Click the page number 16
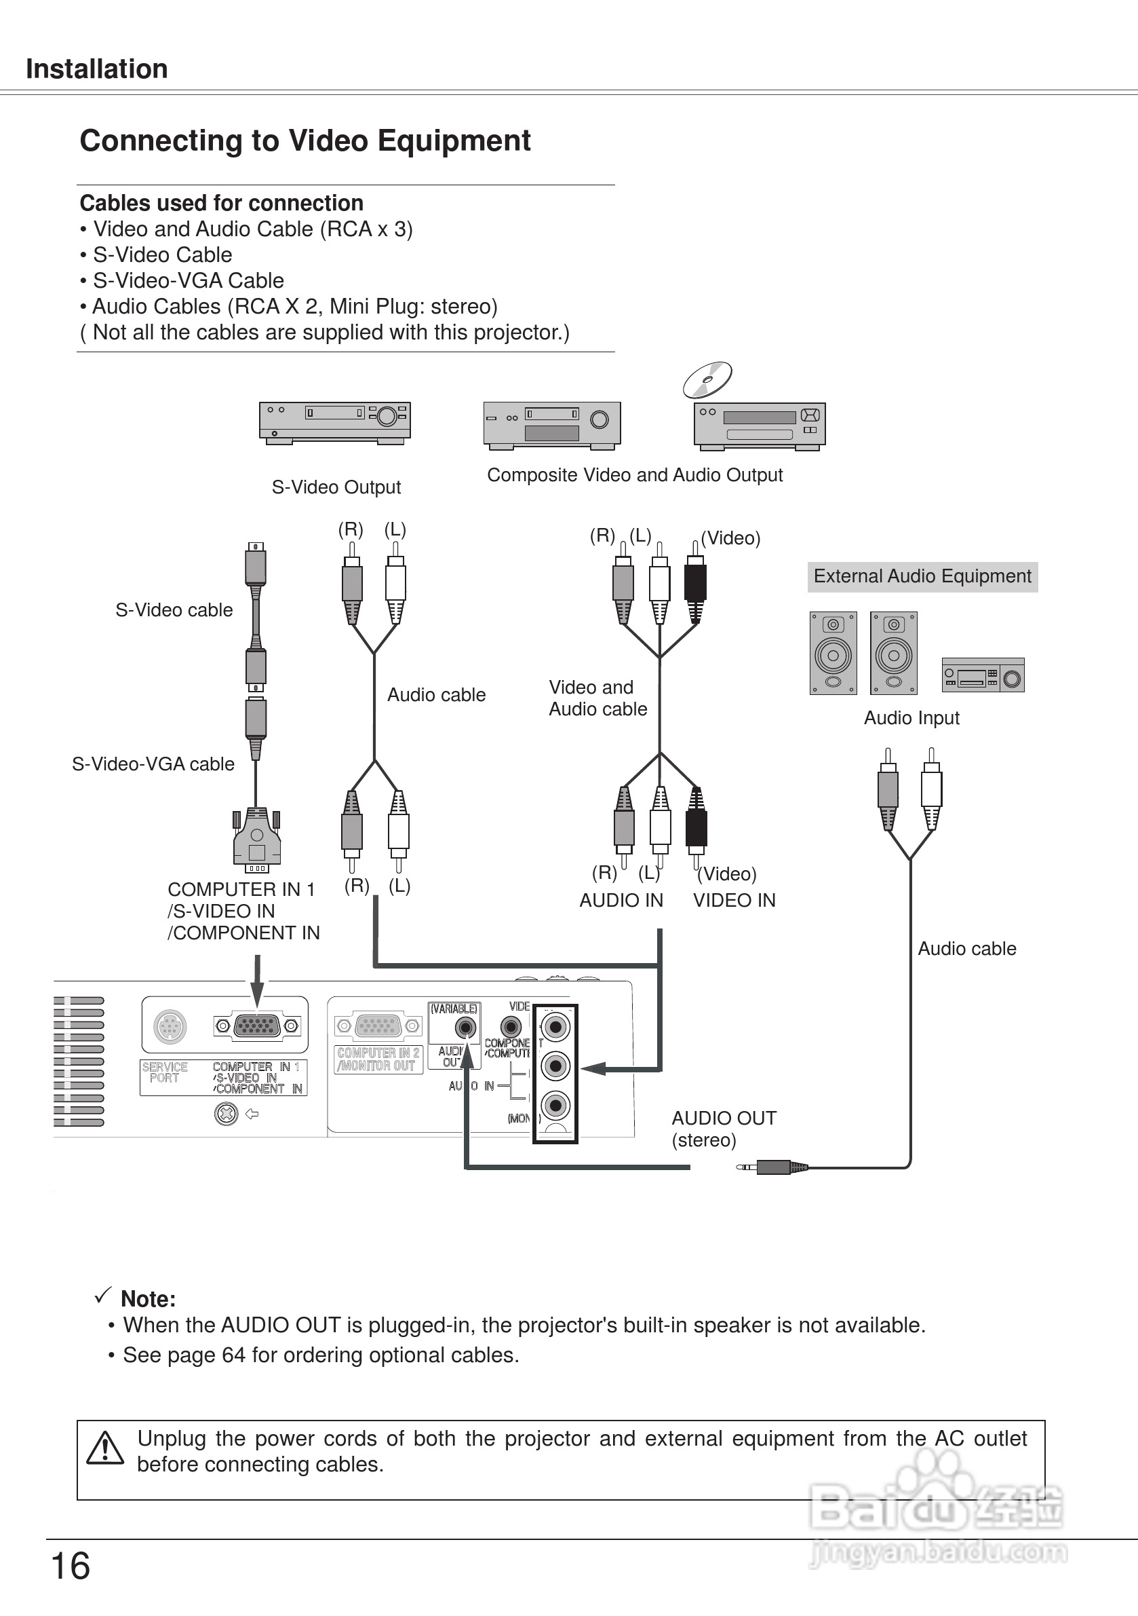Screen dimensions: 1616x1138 click(x=71, y=1566)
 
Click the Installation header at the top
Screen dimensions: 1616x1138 click(x=96, y=69)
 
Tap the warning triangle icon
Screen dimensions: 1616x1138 click(x=105, y=1448)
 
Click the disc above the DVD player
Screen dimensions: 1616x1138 click(x=707, y=380)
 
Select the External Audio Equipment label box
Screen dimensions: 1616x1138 click(x=922, y=576)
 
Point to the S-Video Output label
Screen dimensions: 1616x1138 click(x=336, y=487)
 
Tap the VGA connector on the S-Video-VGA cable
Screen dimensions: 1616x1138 click(x=257, y=841)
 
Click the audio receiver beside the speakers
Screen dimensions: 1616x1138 click(x=983, y=676)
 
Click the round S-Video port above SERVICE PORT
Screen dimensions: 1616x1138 click(x=170, y=1027)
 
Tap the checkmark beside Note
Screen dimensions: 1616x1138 click(x=102, y=1294)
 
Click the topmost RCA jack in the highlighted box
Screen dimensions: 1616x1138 click(x=555, y=1028)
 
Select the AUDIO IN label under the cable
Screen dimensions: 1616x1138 click(x=621, y=900)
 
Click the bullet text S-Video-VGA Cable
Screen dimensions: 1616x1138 click(x=188, y=280)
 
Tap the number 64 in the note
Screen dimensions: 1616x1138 click(x=233, y=1355)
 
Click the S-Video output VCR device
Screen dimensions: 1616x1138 click(x=335, y=422)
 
